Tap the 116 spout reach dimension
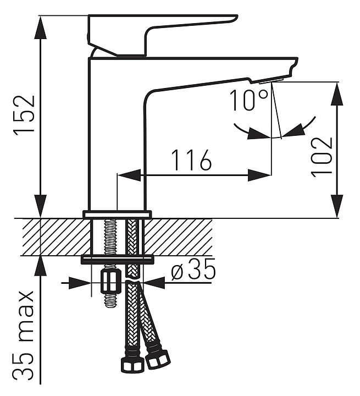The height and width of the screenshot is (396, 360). [x=191, y=160]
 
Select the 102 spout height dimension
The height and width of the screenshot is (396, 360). [x=322, y=157]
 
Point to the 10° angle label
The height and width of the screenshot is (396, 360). [x=248, y=100]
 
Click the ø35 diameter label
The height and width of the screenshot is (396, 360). [x=193, y=269]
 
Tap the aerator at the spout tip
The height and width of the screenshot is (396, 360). [x=271, y=81]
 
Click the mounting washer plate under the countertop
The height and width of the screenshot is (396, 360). [x=118, y=260]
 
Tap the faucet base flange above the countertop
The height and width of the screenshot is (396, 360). [x=118, y=214]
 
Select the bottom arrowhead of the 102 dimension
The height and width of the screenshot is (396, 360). [x=337, y=206]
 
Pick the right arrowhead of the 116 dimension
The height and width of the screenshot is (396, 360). [x=259, y=175]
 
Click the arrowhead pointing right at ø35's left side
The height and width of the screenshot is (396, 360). [x=80, y=283]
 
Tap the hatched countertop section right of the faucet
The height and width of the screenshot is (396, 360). [x=178, y=237]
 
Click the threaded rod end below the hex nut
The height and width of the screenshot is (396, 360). [x=110, y=300]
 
